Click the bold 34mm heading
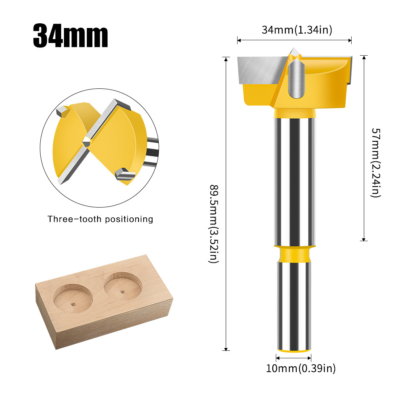point(70,36)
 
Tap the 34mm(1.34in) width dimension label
point(297,30)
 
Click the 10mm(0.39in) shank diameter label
point(301,369)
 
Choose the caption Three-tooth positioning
point(100,219)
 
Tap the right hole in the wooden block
point(123,286)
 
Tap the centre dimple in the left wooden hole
point(73,304)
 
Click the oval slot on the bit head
point(296,79)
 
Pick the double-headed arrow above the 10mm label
point(294,358)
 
